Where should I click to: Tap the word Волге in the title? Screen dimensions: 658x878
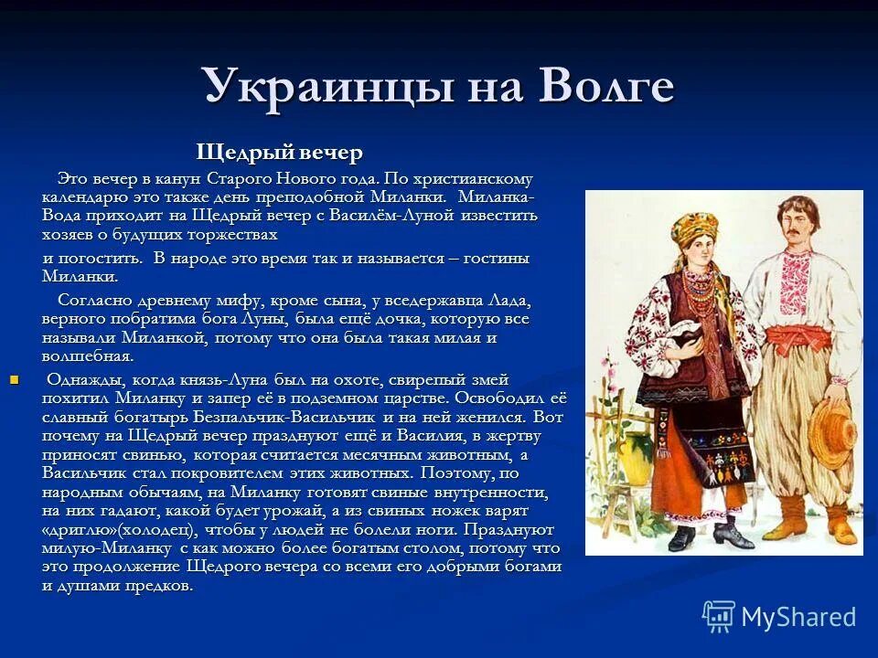click(606, 88)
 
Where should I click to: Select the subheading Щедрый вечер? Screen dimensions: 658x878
click(280, 153)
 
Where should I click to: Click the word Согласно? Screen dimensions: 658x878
click(94, 300)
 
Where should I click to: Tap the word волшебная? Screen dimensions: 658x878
click(88, 356)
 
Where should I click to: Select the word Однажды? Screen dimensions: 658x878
click(85, 379)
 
